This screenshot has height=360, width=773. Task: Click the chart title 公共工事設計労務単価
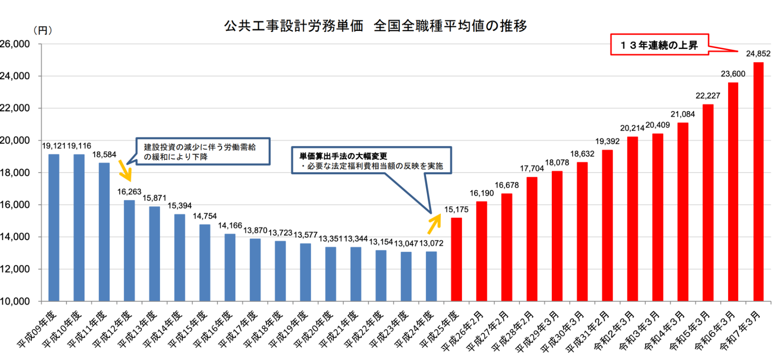pyautogui.click(x=294, y=26)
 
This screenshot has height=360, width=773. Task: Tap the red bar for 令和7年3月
pyautogui.click(x=758, y=182)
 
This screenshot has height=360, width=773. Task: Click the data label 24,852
pyautogui.click(x=758, y=54)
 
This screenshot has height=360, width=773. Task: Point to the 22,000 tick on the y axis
pyautogui.click(x=15, y=108)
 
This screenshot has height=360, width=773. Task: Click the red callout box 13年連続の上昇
pyautogui.click(x=659, y=45)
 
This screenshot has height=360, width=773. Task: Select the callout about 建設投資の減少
pyautogui.click(x=203, y=152)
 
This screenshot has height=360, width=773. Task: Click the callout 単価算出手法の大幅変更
pyautogui.click(x=371, y=160)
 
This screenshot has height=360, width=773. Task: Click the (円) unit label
pyautogui.click(x=43, y=31)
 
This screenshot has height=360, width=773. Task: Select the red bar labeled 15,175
pyautogui.click(x=456, y=259)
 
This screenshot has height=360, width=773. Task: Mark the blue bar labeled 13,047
pyautogui.click(x=406, y=276)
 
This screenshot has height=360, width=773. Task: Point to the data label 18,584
pyautogui.click(x=104, y=155)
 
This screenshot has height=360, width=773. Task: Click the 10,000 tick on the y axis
pyautogui.click(x=15, y=301)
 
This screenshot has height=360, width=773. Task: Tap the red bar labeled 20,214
pyautogui.click(x=632, y=218)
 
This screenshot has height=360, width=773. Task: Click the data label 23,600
pyautogui.click(x=733, y=74)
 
